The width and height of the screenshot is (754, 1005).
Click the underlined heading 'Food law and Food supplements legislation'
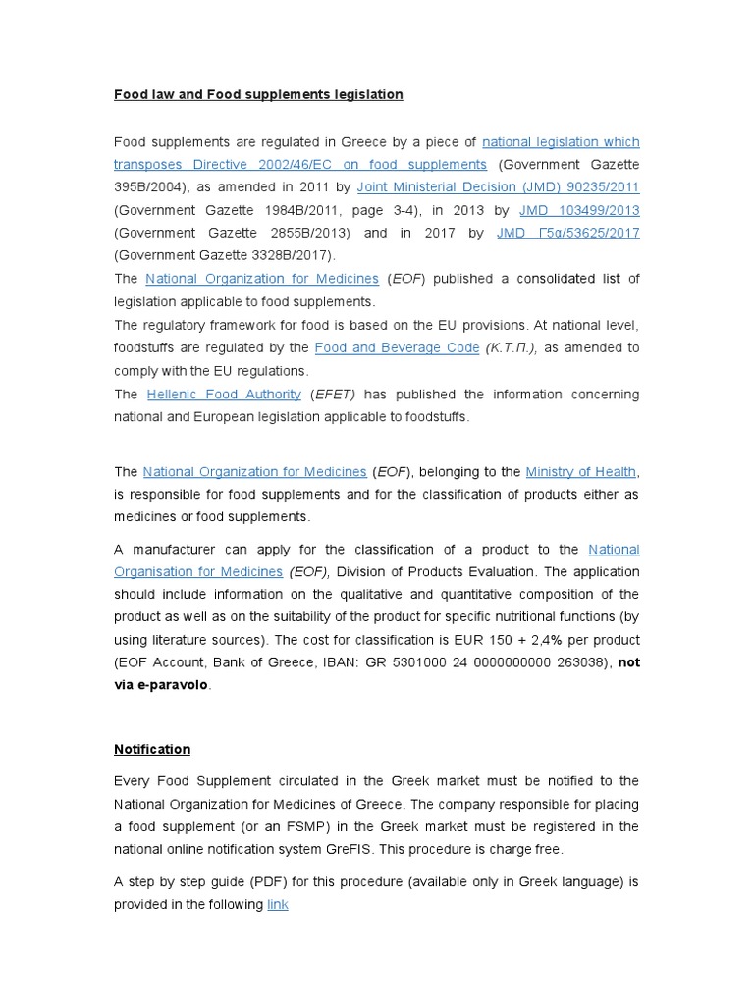(258, 95)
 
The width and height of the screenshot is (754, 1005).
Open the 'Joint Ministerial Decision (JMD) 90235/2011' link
(498, 187)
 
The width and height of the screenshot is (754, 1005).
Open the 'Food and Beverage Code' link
(397, 348)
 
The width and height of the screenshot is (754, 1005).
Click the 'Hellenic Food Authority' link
(224, 395)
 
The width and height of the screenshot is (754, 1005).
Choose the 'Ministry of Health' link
(580, 472)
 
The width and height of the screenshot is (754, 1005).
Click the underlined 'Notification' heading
(152, 749)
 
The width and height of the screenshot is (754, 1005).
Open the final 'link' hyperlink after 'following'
(278, 904)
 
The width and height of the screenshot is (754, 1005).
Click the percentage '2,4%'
(558, 640)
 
